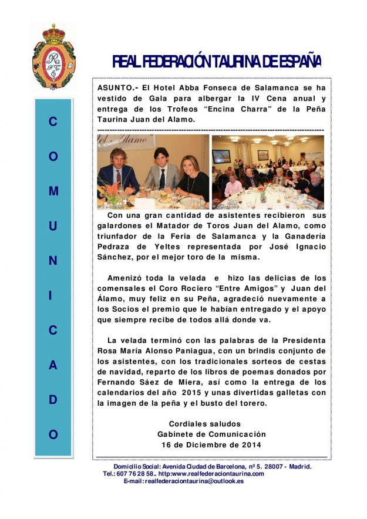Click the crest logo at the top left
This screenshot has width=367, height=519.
(53, 57)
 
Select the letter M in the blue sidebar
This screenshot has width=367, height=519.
(53, 191)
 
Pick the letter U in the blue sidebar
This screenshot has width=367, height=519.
(53, 226)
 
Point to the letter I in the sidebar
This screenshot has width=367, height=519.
(53, 296)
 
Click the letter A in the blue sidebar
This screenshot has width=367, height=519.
(53, 365)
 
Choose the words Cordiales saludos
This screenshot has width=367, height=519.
(204, 424)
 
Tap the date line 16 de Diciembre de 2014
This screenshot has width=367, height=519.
(211, 444)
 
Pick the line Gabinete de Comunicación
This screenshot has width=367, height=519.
(211, 434)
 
